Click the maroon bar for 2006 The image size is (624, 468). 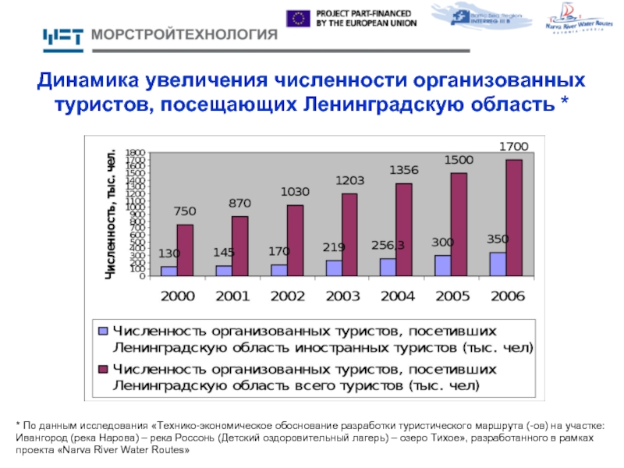pyautogui.click(x=514, y=218)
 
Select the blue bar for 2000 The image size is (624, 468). pyautogui.click(x=168, y=271)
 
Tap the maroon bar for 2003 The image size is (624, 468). pyautogui.click(x=349, y=235)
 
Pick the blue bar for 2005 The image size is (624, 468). pyautogui.click(x=443, y=265)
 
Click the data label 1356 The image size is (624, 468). pyautogui.click(x=404, y=170)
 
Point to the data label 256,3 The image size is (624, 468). pyautogui.click(x=388, y=245)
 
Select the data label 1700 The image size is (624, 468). pyautogui.click(x=513, y=146)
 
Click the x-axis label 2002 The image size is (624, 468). pyautogui.click(x=287, y=296)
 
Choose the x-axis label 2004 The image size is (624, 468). pyautogui.click(x=396, y=296)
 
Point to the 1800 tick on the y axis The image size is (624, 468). pyautogui.click(x=136, y=153)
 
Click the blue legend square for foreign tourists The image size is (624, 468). pyautogui.click(x=102, y=330)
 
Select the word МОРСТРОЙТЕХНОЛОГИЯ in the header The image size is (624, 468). pyautogui.click(x=185, y=35)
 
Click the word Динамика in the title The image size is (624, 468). pyautogui.click(x=85, y=81)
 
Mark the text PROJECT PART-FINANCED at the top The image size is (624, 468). pyautogui.click(x=365, y=13)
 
